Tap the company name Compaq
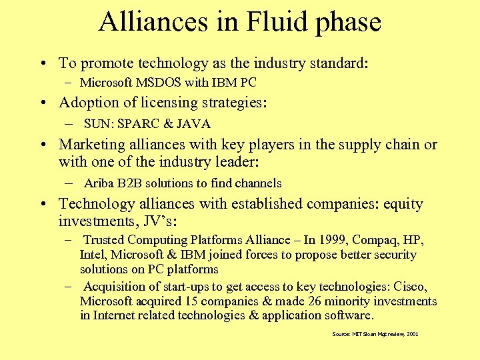[x=375, y=239]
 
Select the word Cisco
[x=410, y=286]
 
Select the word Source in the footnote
[x=341, y=333]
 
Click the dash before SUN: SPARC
[x=69, y=124]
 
